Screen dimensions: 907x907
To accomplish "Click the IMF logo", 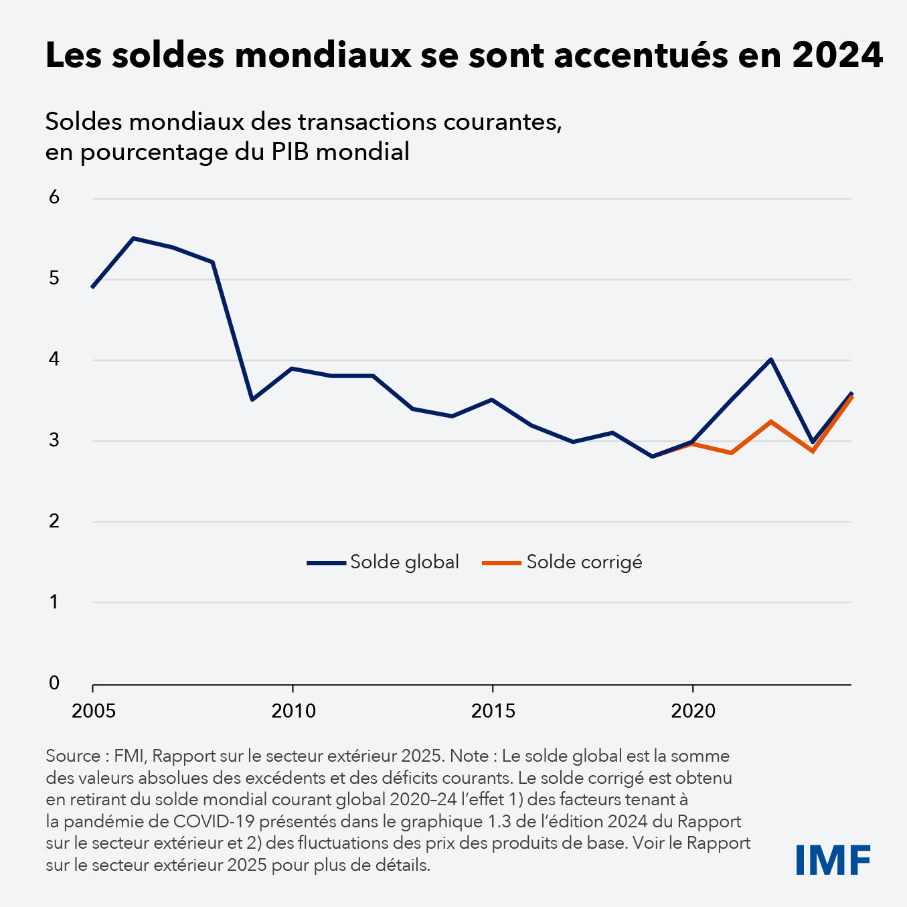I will coord(833,859).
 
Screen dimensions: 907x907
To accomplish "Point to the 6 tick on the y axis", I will coord(54,197).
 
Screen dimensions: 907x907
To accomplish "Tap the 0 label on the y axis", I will coord(54,683).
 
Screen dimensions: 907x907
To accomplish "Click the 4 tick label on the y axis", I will coord(54,359).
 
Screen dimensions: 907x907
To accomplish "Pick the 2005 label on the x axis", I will coord(94,711).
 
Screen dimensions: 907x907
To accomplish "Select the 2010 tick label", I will coord(293,711).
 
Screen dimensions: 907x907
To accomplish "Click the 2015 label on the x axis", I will coord(493,711).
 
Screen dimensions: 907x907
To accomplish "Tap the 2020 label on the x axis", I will coord(693,711).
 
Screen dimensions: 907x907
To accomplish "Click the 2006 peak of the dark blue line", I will coord(133,238).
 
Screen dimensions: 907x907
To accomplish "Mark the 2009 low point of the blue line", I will coord(252,400).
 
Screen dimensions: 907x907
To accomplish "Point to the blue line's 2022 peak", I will coord(771,359).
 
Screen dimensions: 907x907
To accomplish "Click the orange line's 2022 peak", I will coord(771,422).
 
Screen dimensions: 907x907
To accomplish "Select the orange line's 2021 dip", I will coord(732,452).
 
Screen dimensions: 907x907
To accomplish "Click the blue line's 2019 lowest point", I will coord(652,457).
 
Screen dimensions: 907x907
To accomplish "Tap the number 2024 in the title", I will coord(838,55).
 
